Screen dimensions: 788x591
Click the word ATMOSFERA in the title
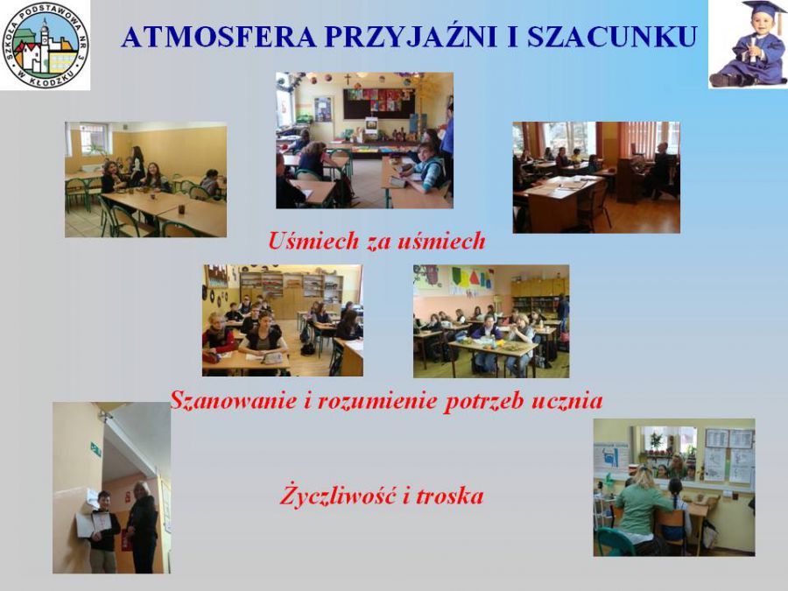tap(218, 37)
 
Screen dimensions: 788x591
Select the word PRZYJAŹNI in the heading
tap(411, 36)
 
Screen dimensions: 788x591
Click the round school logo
tap(46, 46)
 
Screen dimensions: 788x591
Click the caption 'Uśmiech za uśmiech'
tap(376, 241)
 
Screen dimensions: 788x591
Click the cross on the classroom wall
tap(348, 79)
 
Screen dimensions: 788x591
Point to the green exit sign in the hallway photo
tap(95, 449)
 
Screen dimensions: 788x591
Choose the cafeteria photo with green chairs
tap(145, 179)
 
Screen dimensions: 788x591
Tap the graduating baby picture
tap(748, 45)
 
